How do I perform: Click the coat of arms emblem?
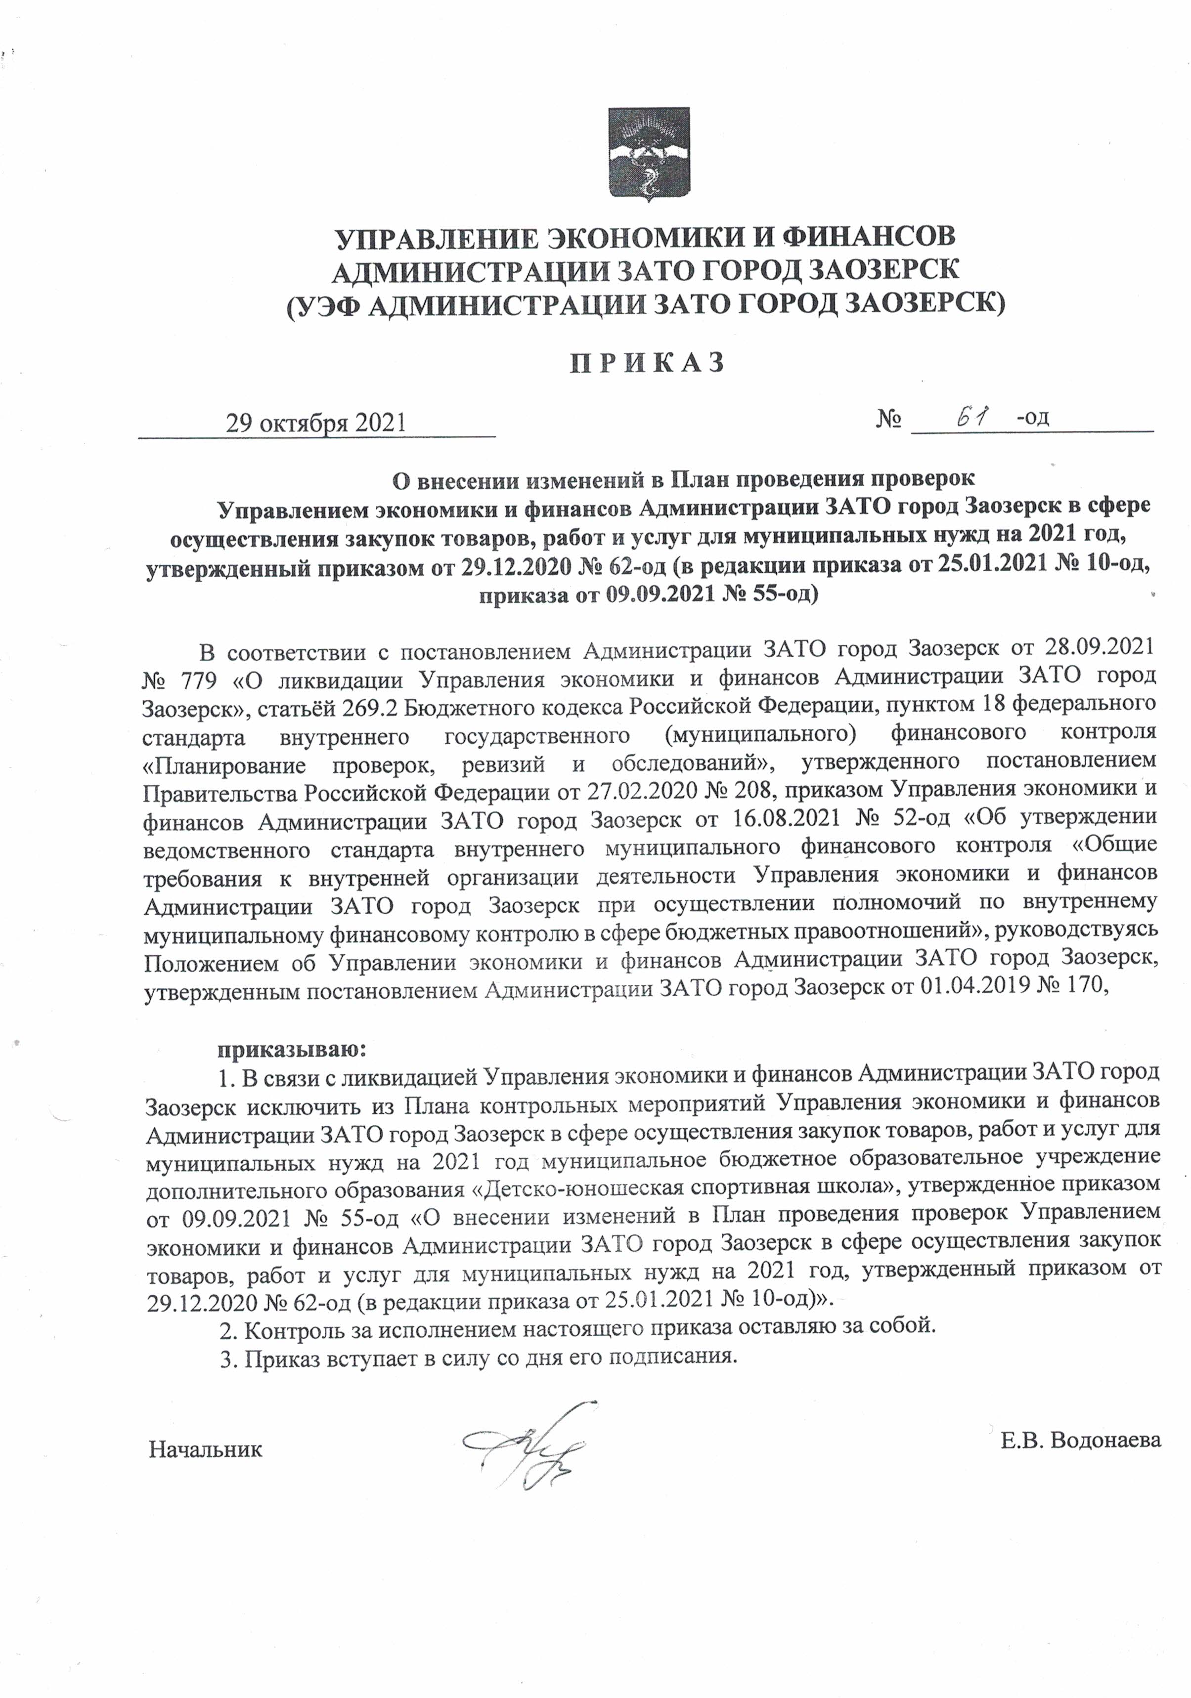pos(648,154)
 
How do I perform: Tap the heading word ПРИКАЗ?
pos(647,362)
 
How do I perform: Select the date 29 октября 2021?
pos(316,423)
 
